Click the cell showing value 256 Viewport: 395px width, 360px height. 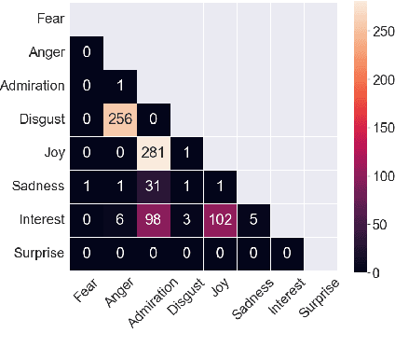click(120, 120)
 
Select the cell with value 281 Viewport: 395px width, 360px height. click(153, 154)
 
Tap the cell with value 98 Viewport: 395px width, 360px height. click(153, 221)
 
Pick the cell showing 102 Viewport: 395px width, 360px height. click(221, 221)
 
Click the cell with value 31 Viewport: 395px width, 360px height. click(153, 187)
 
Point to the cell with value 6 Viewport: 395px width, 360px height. click(120, 221)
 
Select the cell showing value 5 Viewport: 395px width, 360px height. click(254, 221)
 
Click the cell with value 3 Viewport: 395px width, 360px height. click(187, 221)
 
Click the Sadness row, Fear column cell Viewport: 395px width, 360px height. click(87, 187)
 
